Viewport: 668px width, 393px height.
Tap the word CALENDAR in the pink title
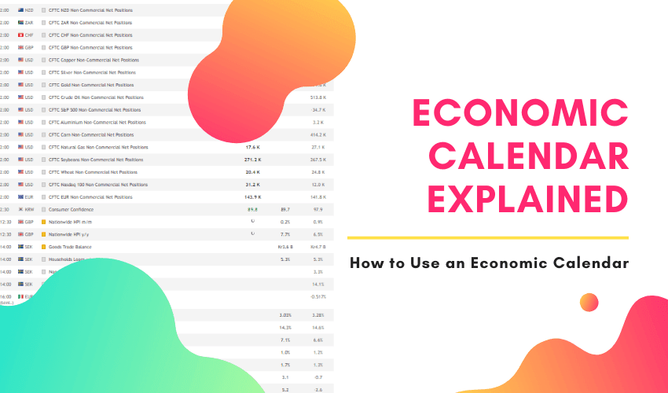521,157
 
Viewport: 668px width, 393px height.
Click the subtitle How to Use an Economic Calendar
489,263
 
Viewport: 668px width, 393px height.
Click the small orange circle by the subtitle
589,303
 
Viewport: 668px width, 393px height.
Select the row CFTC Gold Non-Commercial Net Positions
91,85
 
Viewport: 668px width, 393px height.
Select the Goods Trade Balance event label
72,247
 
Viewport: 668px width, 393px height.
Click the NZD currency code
29,10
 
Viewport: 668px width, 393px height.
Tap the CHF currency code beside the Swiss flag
29,35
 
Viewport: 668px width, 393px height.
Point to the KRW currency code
29,210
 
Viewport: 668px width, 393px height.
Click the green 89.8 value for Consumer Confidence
253,210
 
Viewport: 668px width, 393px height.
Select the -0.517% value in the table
317,296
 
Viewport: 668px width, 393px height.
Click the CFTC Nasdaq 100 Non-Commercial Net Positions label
97,185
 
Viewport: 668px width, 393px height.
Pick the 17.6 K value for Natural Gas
253,147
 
